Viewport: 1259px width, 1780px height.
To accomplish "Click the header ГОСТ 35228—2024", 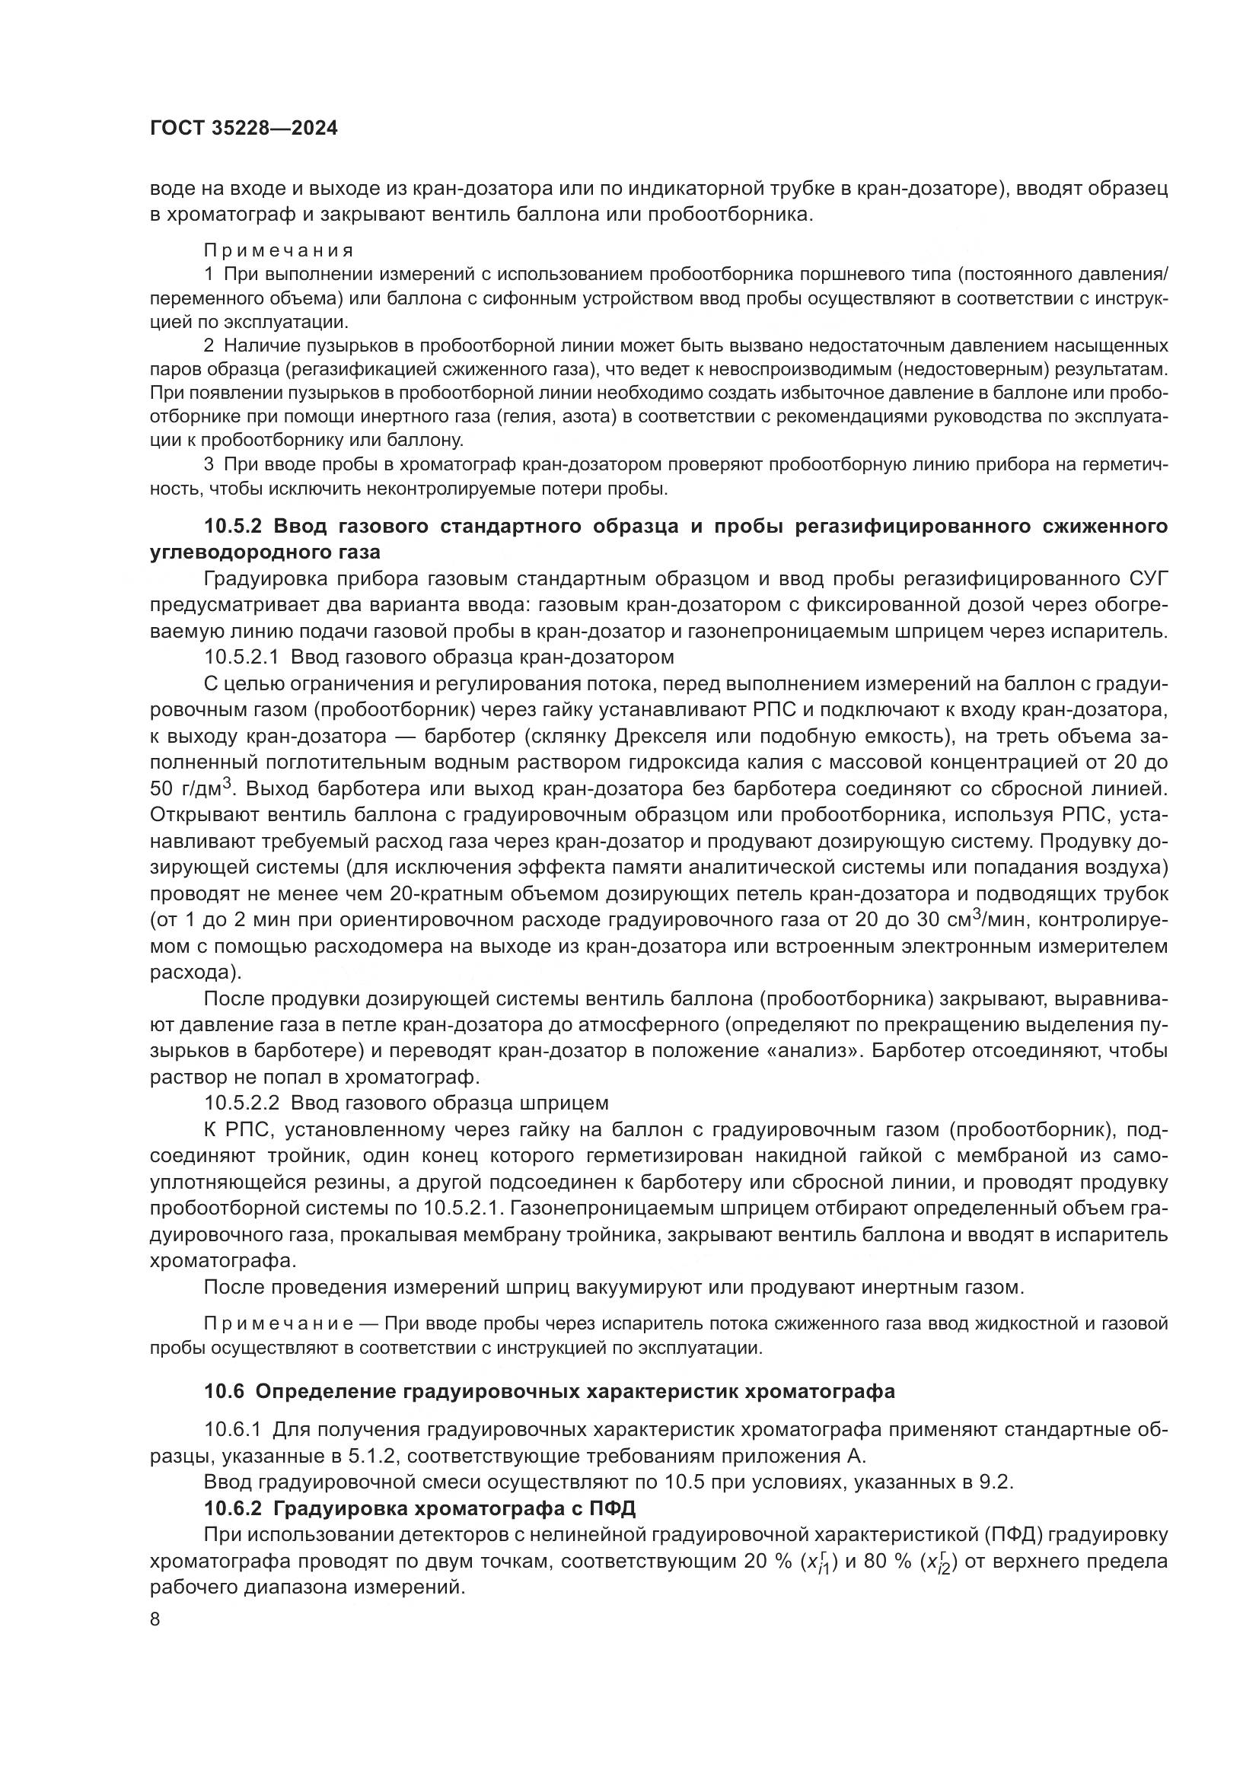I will point(244,129).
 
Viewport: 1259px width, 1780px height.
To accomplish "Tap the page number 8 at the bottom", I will point(155,1619).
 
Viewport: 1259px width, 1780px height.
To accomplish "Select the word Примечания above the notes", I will point(279,250).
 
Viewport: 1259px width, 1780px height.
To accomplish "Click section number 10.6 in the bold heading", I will point(224,1392).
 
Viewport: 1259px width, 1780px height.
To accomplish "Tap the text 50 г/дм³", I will point(191,789).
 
